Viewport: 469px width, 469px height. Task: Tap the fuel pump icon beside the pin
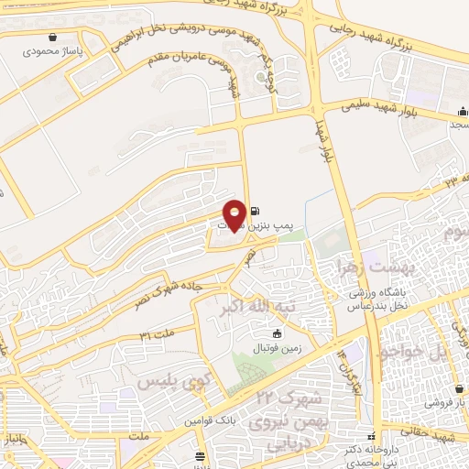(x=254, y=210)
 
